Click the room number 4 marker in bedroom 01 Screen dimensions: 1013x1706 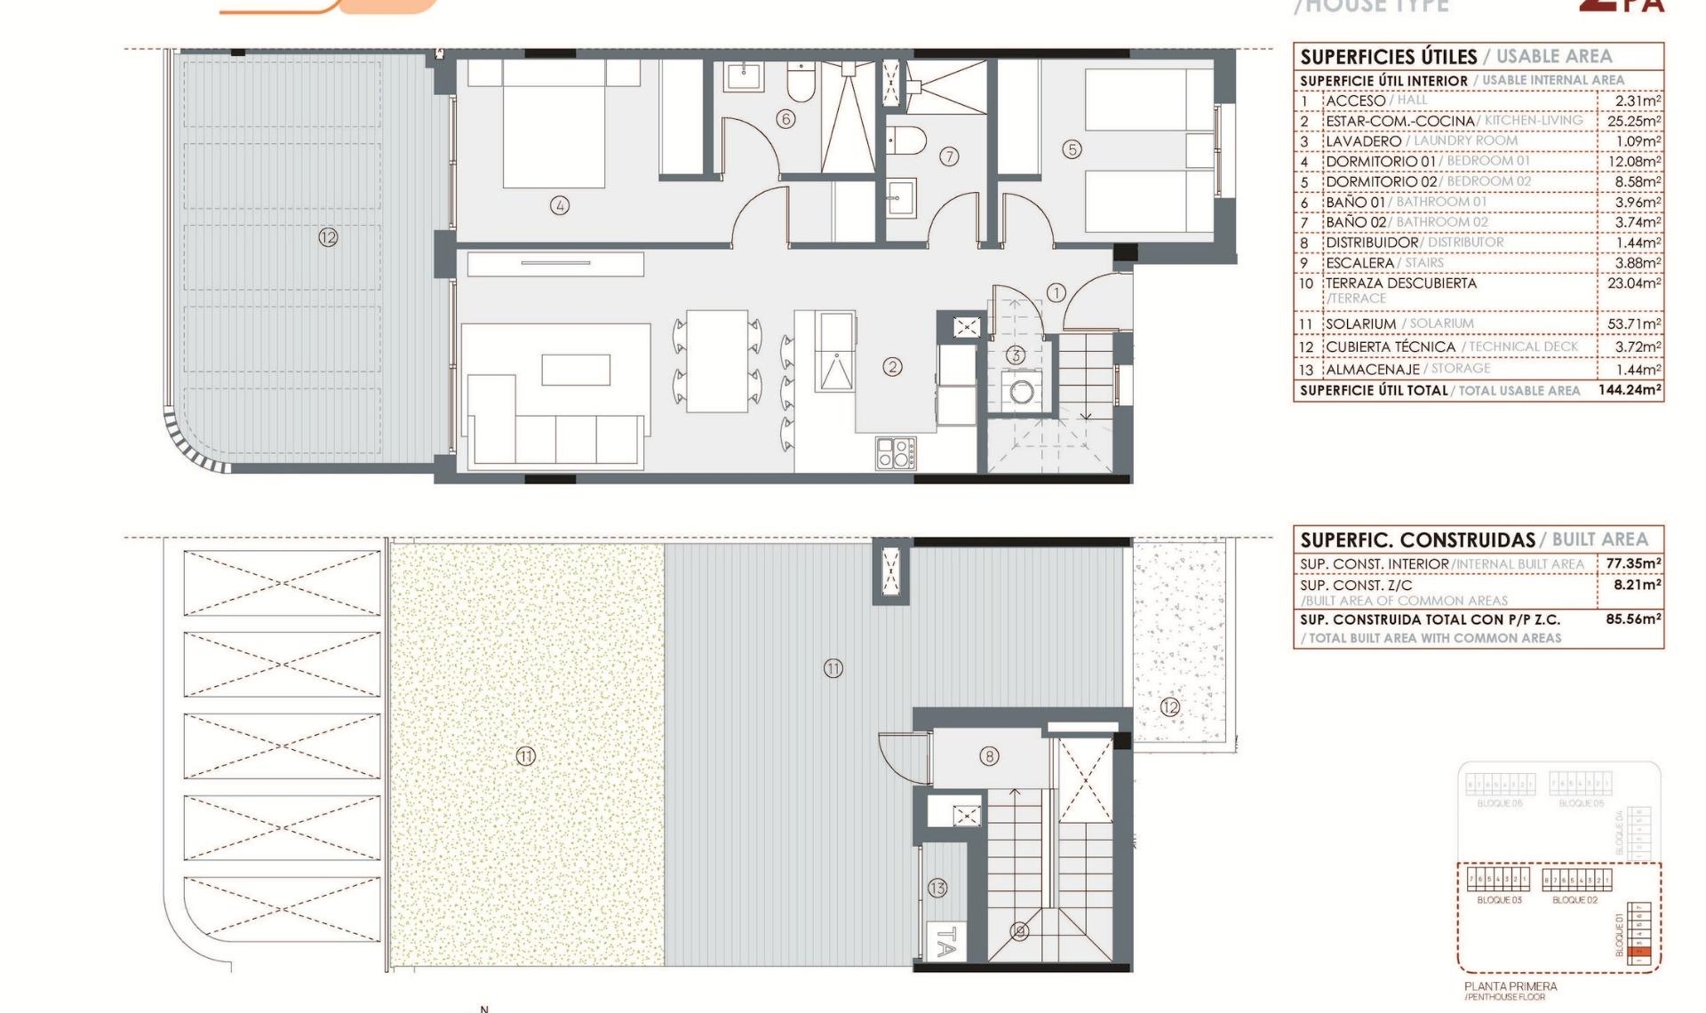click(x=559, y=206)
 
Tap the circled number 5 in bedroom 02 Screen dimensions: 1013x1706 click(x=1072, y=149)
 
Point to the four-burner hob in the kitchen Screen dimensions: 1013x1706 click(x=895, y=452)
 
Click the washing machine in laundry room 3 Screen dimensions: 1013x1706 click(x=1021, y=392)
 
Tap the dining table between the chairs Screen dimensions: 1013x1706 click(x=716, y=360)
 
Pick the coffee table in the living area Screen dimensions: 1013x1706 click(x=575, y=369)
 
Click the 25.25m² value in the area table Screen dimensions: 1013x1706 click(x=1633, y=121)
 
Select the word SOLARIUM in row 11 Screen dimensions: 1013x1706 click(x=1360, y=324)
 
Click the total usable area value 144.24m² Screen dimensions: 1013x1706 click(x=1629, y=390)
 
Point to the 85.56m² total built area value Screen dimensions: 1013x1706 click(x=1632, y=619)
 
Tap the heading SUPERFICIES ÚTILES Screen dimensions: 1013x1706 click(x=1388, y=57)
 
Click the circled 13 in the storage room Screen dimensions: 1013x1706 click(x=937, y=888)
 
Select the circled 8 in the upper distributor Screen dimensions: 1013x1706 click(x=989, y=756)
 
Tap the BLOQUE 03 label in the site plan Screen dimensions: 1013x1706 click(x=1499, y=900)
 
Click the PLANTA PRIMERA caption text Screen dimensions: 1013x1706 click(x=1511, y=986)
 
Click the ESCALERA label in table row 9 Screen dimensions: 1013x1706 click(x=1359, y=263)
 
